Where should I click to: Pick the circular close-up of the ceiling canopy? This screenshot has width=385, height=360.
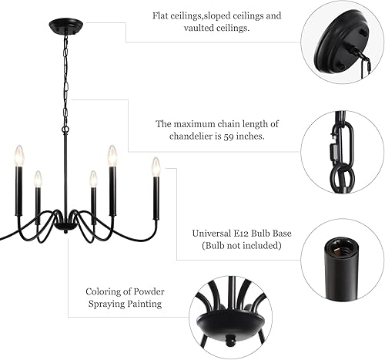[343, 42]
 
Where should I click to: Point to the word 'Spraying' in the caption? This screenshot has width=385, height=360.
[122, 304]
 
